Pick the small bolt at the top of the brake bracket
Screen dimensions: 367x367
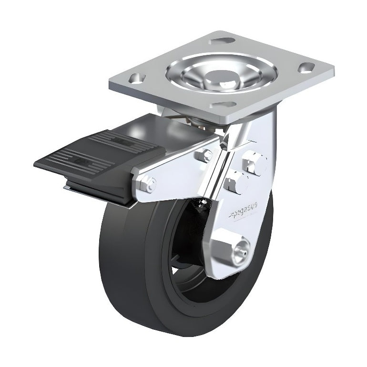(x=206, y=153)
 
